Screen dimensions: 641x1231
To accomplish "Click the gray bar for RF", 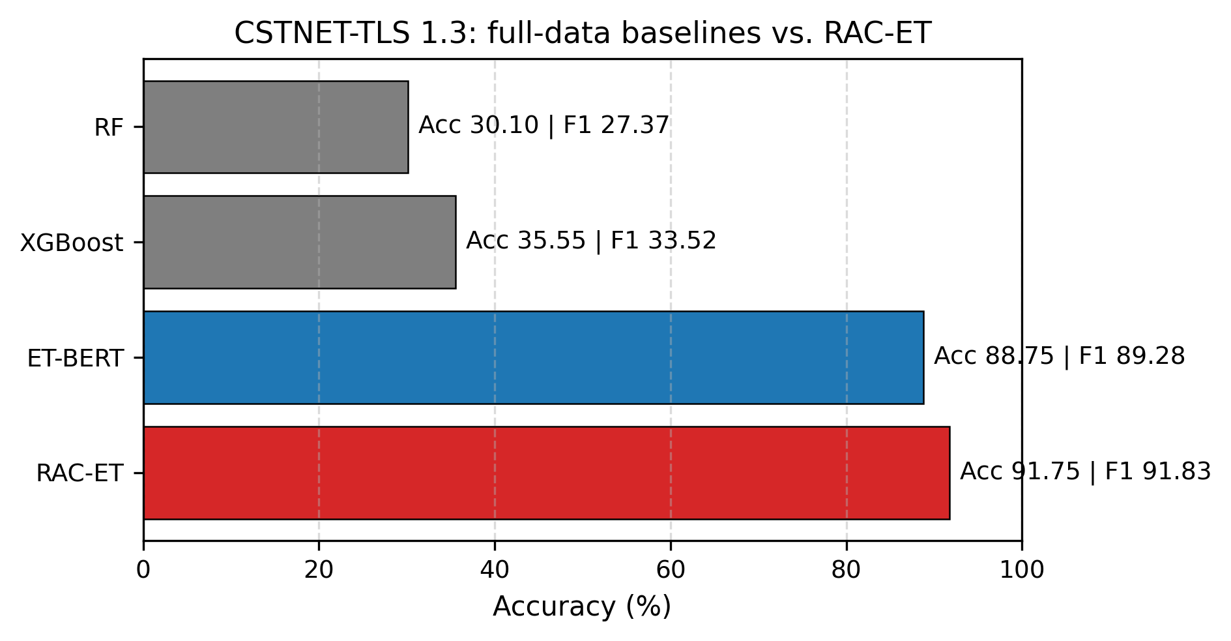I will click(x=276, y=127).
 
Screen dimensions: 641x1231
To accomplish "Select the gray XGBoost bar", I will click(x=299, y=242).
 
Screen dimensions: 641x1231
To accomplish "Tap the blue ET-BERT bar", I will click(x=533, y=357).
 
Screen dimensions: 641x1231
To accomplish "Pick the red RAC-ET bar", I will click(x=546, y=473).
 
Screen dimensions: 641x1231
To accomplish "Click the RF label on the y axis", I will click(x=109, y=128).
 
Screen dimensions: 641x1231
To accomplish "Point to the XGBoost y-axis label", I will click(x=71, y=243).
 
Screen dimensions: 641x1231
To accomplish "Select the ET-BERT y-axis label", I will click(x=75, y=359).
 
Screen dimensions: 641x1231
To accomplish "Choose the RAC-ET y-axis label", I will click(x=80, y=473).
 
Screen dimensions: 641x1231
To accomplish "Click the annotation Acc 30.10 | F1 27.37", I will click(x=543, y=125).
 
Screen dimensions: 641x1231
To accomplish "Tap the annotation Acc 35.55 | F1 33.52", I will click(x=591, y=241).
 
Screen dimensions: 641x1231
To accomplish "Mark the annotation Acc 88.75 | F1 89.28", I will click(x=1059, y=356).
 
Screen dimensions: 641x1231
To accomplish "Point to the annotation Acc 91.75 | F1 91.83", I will click(x=1085, y=471).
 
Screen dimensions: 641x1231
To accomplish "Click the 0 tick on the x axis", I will click(x=143, y=571).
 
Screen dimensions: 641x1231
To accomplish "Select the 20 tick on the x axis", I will click(x=319, y=571).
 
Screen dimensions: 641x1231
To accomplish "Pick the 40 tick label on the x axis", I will click(x=495, y=571).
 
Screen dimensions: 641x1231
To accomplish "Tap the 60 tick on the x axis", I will click(x=671, y=571).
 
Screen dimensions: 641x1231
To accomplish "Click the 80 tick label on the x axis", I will click(x=847, y=571).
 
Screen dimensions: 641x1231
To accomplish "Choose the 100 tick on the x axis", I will click(x=1021, y=571).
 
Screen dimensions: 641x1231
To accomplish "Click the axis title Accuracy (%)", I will click(x=582, y=607).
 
